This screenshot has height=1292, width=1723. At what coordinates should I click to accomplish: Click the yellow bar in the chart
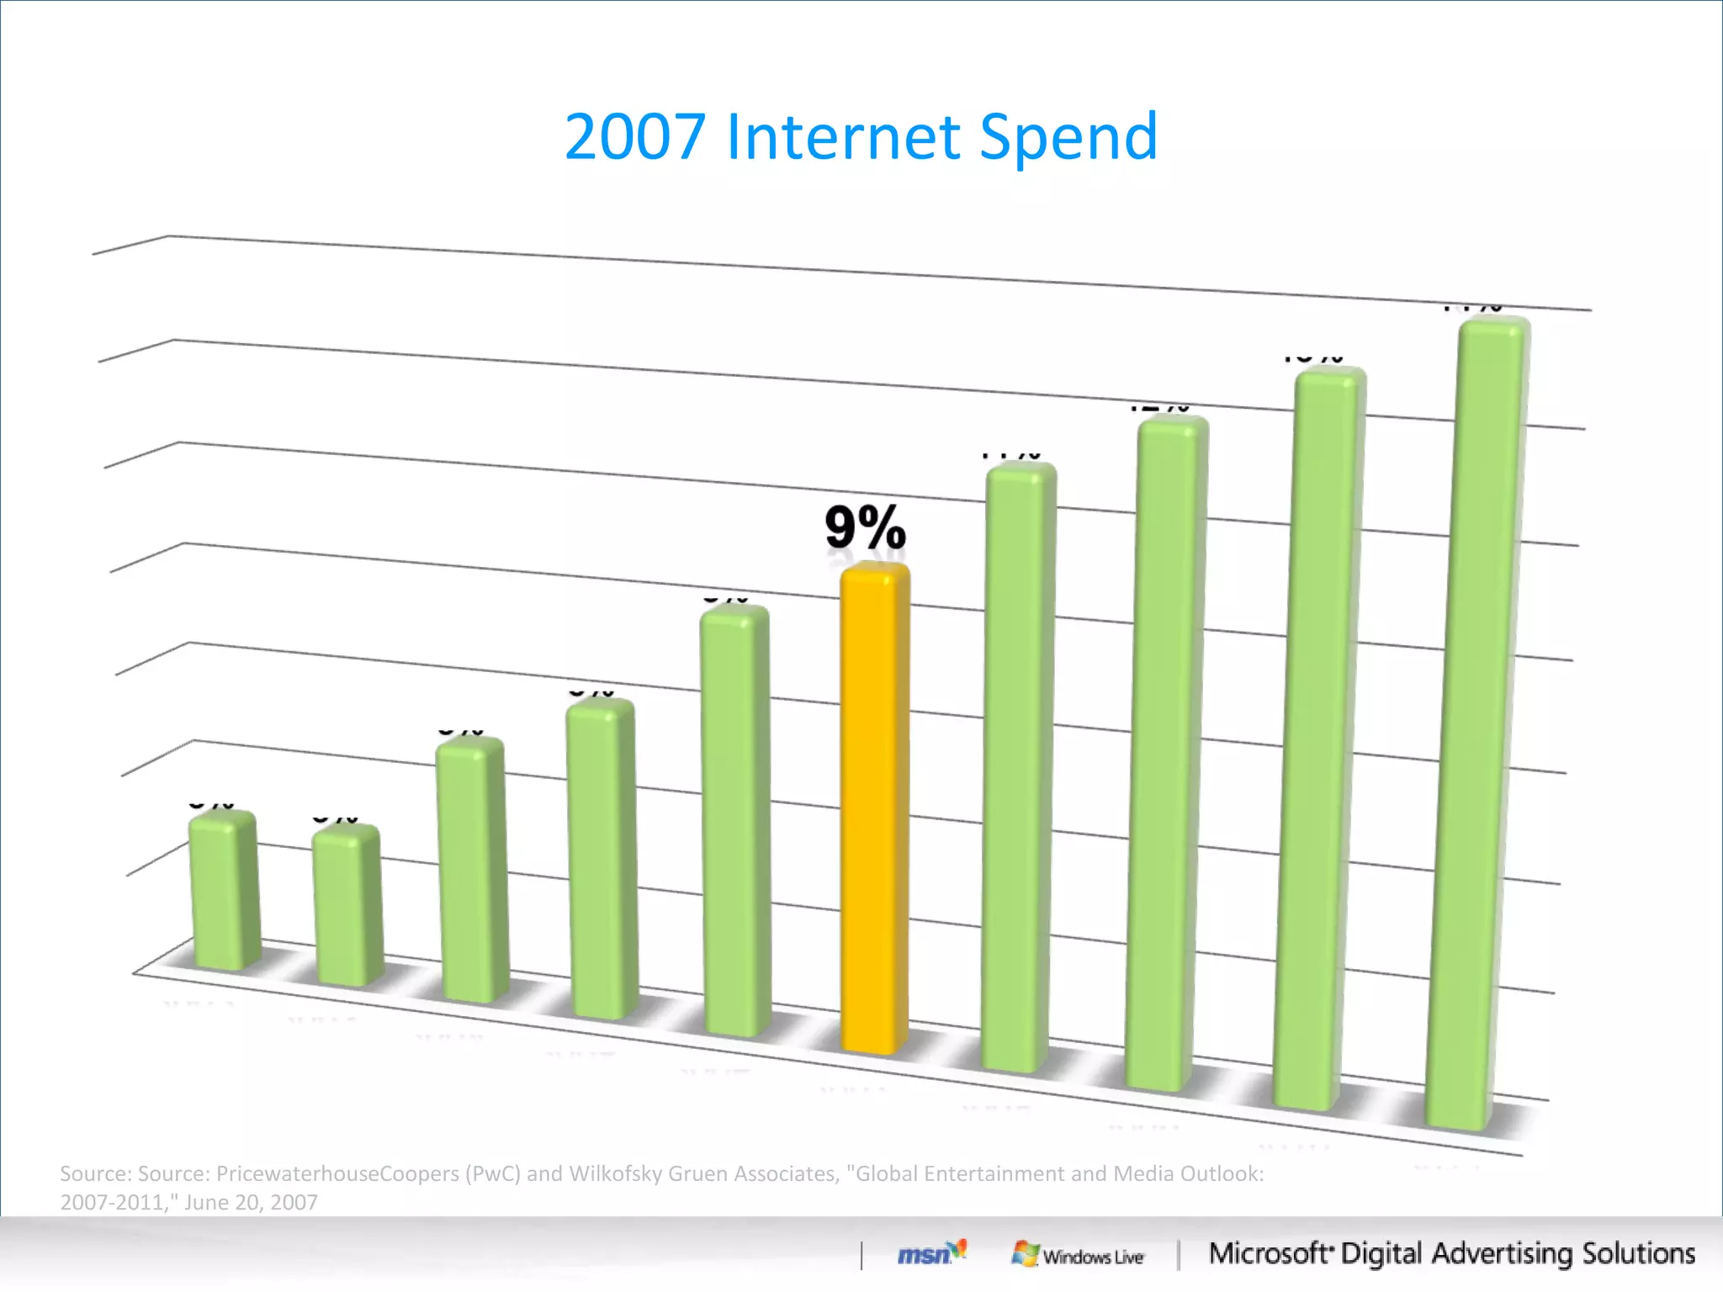click(875, 807)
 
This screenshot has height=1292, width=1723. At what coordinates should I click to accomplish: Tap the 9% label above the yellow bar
click(865, 527)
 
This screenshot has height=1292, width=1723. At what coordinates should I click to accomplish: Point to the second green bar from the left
click(347, 904)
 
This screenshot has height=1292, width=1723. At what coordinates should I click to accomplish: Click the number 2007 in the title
click(634, 136)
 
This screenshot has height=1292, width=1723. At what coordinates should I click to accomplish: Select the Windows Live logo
click(1078, 1255)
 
